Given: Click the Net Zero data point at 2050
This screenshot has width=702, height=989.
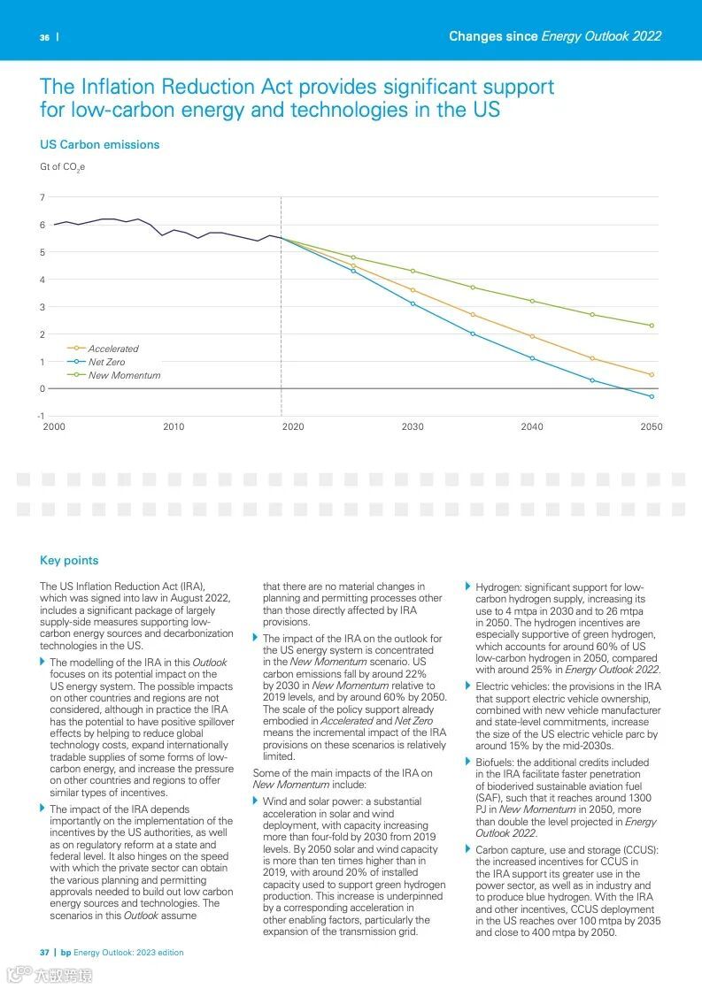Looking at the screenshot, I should click(x=652, y=396).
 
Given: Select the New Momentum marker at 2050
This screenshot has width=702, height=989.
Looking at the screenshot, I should click(x=652, y=326).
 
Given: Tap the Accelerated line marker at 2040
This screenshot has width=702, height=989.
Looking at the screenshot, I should click(x=532, y=336).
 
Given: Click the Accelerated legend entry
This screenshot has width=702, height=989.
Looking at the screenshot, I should click(x=112, y=349).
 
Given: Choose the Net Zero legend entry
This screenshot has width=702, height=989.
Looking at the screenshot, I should click(x=105, y=362).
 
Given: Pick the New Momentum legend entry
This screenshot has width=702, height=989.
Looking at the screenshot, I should click(x=124, y=375).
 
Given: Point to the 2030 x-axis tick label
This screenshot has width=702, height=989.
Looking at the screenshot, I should click(x=413, y=427).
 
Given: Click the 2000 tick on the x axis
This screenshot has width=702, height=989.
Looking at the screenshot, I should click(x=54, y=427).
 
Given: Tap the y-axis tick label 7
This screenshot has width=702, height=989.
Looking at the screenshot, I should click(x=42, y=197).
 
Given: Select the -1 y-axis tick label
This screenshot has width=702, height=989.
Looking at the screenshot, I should click(x=40, y=417).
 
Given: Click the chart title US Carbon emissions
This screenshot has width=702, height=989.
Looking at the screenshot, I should click(x=99, y=144).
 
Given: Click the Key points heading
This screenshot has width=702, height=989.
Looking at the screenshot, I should click(x=69, y=560).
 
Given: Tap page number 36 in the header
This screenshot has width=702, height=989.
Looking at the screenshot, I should click(x=44, y=37).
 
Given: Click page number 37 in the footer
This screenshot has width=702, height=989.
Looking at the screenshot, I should click(x=45, y=952).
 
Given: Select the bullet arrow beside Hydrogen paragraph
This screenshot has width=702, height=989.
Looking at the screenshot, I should click(x=468, y=586).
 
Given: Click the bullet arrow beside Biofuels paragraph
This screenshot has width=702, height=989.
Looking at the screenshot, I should click(x=468, y=762).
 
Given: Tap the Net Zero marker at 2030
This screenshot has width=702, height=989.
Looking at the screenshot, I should click(x=413, y=303).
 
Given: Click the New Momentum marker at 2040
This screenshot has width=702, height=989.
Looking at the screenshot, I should click(x=532, y=301).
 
